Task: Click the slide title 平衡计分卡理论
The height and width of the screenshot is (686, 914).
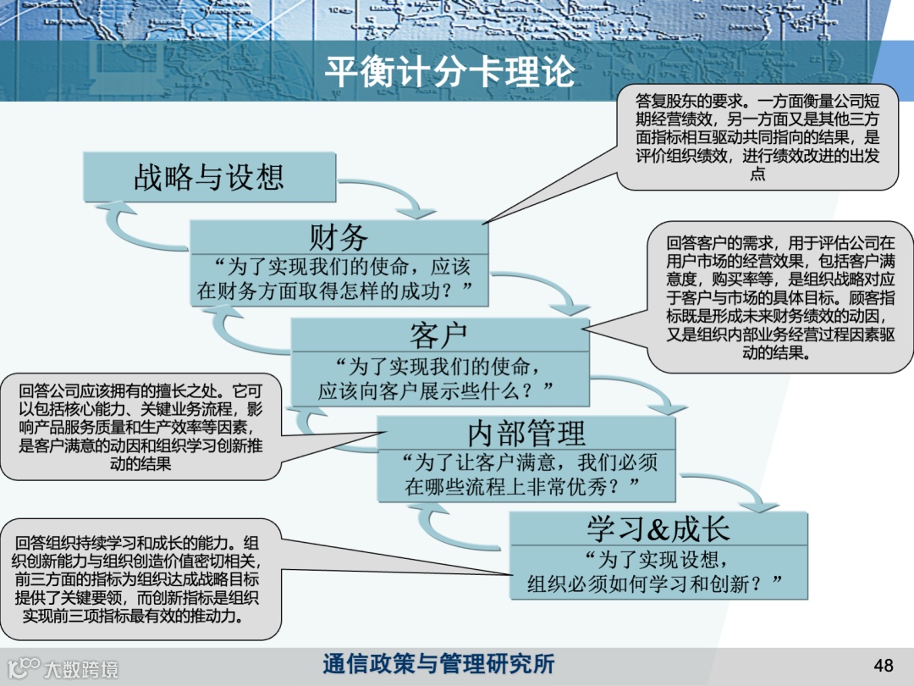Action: [449, 71]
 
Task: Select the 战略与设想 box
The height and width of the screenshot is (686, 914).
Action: [209, 177]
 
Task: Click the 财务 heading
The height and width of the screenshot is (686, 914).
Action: [338, 236]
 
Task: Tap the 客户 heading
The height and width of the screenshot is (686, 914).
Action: [438, 335]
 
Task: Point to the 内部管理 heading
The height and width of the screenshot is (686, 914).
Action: [526, 433]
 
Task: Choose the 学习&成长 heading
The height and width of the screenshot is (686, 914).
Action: [658, 528]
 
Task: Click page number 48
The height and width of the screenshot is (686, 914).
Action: [883, 663]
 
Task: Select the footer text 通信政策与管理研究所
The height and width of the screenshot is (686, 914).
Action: [438, 664]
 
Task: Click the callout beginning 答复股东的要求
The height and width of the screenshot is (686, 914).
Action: [757, 136]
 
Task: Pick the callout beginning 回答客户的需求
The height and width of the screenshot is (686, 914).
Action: [779, 297]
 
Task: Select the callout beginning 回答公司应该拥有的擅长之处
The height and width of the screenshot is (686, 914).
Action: [140, 426]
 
